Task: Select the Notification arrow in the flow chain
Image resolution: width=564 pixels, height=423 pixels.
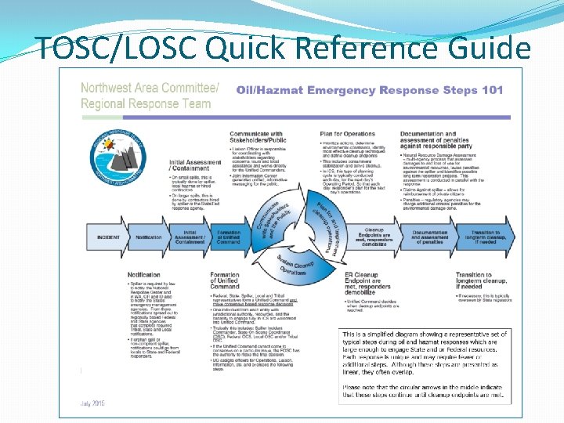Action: [x=148, y=237]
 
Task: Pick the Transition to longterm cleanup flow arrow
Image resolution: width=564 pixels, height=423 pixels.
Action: [x=486, y=237]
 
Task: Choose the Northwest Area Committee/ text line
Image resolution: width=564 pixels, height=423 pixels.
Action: [x=150, y=87]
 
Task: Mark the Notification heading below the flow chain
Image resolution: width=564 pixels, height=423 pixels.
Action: [x=145, y=274]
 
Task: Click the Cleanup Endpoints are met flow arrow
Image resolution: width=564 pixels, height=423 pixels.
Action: [x=374, y=237]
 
